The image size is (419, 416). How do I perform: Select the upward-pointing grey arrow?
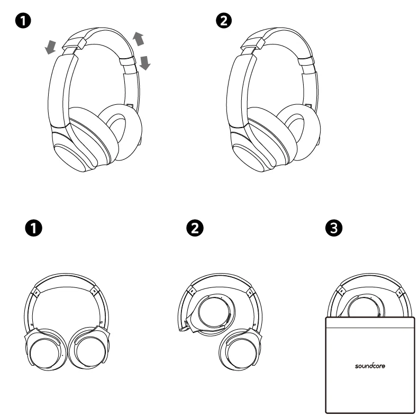pyautogui.click(x=139, y=39)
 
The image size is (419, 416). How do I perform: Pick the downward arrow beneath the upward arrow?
pyautogui.click(x=145, y=64)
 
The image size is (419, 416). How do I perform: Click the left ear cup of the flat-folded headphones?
pyautogui.click(x=45, y=352)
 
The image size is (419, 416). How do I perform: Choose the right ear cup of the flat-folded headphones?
pyautogui.click(x=88, y=352)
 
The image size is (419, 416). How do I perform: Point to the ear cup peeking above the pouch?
pyautogui.click(x=367, y=306)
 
